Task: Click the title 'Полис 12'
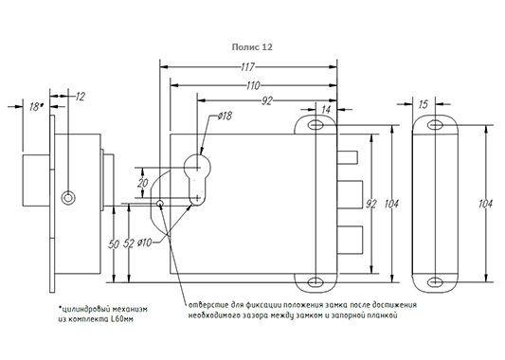coord(252,47)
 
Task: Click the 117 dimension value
coord(248,67)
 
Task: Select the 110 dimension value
coord(253,85)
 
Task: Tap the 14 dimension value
coord(326,110)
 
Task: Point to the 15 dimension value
coord(424,104)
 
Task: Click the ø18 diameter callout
coord(225,116)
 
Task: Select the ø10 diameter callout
coord(144,243)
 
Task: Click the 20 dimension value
coord(143,183)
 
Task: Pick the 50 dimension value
coord(114,244)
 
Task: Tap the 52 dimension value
coord(129,243)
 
